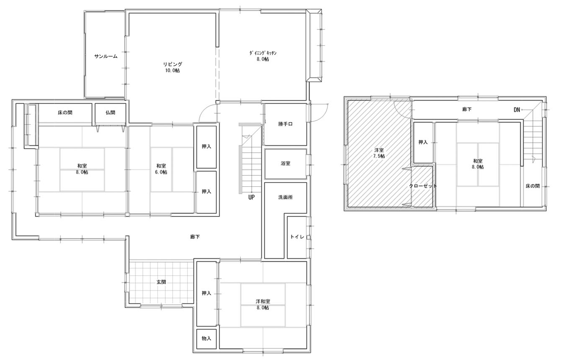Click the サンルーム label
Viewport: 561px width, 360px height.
(x=106, y=57)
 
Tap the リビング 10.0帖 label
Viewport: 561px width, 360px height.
(x=172, y=67)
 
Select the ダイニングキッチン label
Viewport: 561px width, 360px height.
(x=263, y=53)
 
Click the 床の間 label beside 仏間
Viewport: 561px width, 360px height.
(x=65, y=113)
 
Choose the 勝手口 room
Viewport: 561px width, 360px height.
(x=286, y=124)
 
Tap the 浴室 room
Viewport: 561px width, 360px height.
(x=286, y=164)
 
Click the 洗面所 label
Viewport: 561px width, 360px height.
(x=285, y=197)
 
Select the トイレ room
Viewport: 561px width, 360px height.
(x=297, y=237)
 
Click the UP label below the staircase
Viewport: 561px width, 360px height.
(x=252, y=197)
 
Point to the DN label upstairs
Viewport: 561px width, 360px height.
(x=517, y=110)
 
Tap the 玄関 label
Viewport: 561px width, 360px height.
(x=161, y=282)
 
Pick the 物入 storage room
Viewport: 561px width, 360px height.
(x=206, y=339)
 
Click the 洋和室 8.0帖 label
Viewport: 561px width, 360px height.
(x=263, y=305)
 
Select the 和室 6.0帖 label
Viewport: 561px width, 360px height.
(x=161, y=169)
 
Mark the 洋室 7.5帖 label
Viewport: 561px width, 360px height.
(x=379, y=153)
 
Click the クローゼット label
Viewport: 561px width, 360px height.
(x=423, y=186)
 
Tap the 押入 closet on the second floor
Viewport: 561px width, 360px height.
(x=423, y=142)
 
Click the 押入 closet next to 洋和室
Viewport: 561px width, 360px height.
(x=206, y=294)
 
